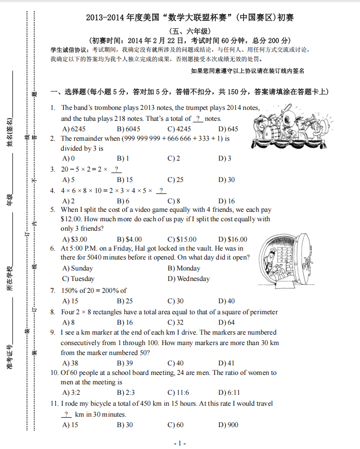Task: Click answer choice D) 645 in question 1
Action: point(228,129)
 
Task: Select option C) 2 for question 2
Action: point(174,158)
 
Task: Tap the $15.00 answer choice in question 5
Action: point(182,239)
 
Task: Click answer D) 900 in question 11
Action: point(228,425)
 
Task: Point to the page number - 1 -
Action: point(180,443)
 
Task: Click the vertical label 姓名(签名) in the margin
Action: point(9,133)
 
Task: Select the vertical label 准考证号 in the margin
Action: point(9,357)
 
